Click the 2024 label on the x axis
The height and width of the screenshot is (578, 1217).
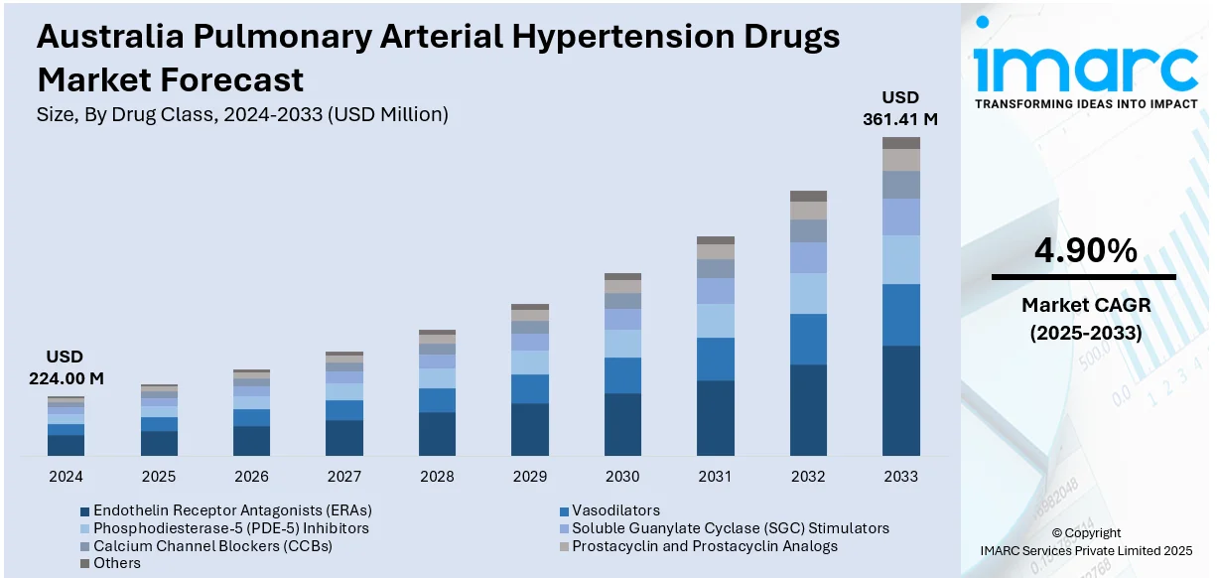66,477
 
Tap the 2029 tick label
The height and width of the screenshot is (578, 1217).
530,477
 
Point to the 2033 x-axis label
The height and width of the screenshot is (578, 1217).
901,477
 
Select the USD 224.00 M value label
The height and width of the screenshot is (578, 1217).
66,367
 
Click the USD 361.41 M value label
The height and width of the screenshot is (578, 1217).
901,108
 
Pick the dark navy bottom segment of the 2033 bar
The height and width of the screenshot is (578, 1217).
901,400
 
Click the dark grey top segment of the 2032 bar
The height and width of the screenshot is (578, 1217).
808,196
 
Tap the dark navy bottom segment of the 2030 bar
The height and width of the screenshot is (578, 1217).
622,424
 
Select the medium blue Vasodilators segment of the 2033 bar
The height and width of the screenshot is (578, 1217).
901,315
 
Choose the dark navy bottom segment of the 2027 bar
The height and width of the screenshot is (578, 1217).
344,437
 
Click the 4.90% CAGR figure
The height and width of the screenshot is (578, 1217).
1085,252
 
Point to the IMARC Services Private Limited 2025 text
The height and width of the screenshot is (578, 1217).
1085,550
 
